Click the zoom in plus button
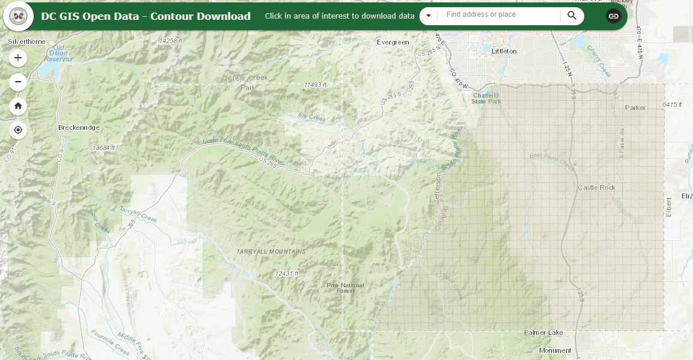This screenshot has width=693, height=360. pos(18,58)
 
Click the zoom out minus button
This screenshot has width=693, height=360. pos(18,82)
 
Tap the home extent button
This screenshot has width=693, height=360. pos(18,106)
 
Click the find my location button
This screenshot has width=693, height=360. pos(18,130)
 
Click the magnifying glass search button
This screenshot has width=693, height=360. pos(572,16)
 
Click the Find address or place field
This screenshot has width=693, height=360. pos(499,15)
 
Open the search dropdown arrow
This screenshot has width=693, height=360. pos(429,16)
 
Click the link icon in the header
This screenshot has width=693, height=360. pos(613,16)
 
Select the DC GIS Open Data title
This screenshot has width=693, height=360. pos(146,16)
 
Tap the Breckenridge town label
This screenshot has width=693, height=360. pos(79,128)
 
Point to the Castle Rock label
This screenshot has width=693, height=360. pos(596,188)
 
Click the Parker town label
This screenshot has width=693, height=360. pos(635,108)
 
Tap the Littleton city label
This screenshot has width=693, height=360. pos(504,52)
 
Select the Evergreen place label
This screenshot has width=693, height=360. pos(392,43)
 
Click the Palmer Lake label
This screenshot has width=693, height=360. pos(543,332)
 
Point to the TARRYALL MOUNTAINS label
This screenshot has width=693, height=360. pos(270,252)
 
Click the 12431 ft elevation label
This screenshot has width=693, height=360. pos(287,273)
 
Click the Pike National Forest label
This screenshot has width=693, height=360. pos(345,287)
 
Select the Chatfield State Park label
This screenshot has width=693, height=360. pos(486,99)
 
